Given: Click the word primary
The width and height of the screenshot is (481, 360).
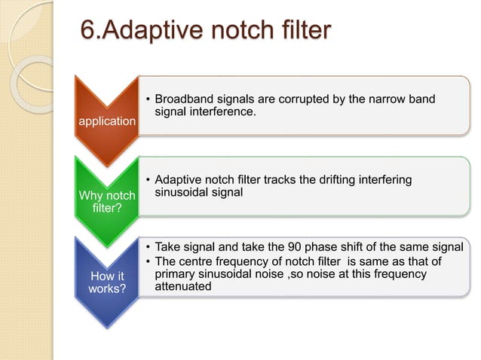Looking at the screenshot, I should (176, 274).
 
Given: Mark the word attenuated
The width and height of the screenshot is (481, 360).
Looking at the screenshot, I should (183, 287).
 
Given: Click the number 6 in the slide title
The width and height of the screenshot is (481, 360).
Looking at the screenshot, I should (89, 31).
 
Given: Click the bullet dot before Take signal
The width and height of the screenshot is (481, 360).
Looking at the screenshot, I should (148, 247).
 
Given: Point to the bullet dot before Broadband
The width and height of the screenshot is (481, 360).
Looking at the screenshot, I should (148, 99).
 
